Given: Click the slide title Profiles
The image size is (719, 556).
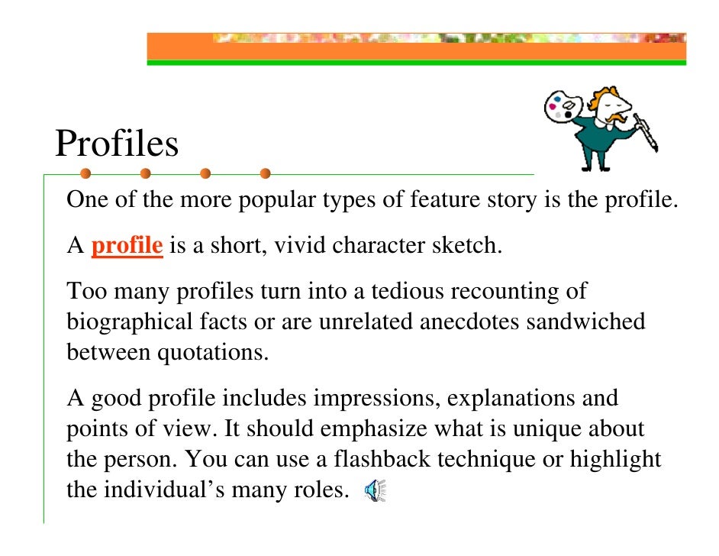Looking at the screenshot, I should coord(117,143).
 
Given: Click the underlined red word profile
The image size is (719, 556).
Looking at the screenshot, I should coord(127,247).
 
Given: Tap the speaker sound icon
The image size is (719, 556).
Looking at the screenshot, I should coord(376,490).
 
